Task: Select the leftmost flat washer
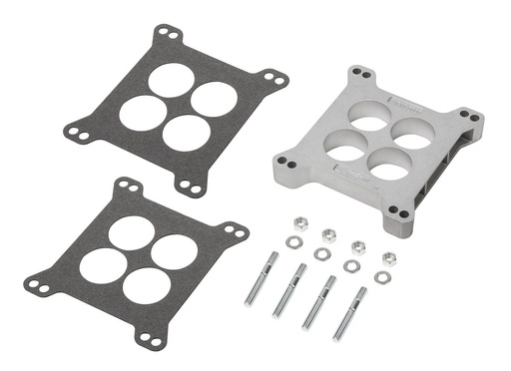coord(292,241)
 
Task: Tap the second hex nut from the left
coord(328,235)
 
